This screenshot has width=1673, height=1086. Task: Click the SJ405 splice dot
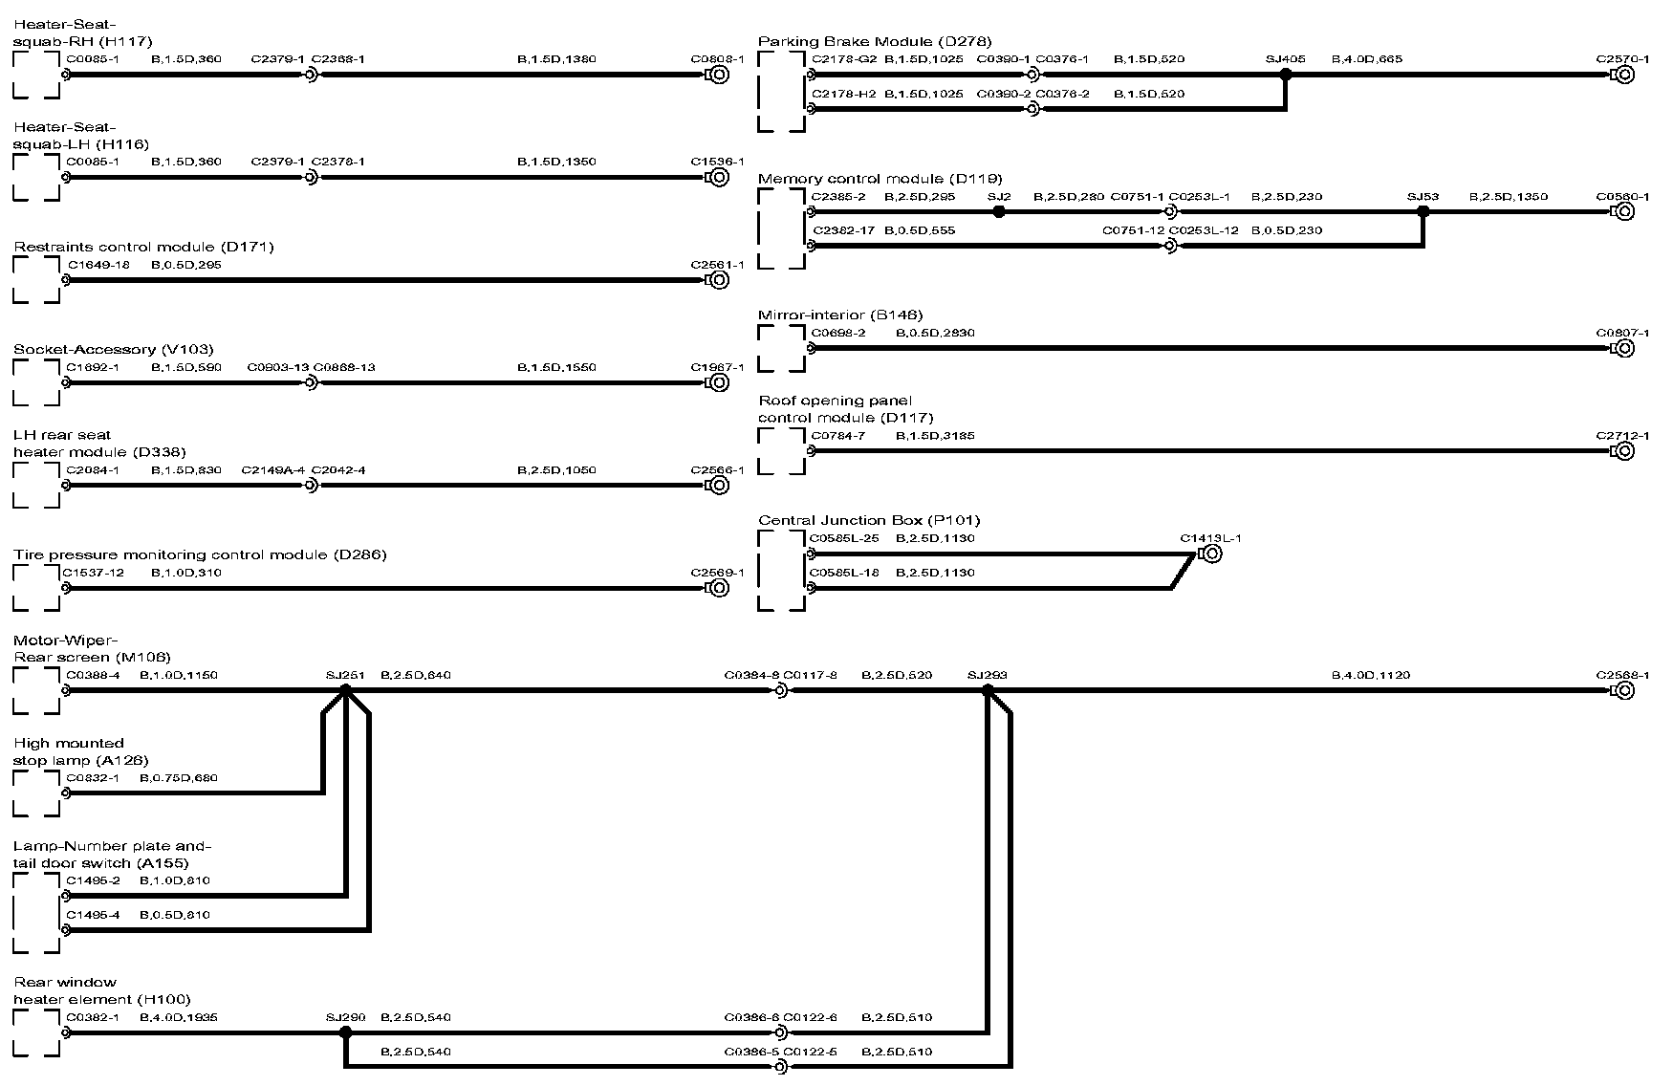tap(1286, 75)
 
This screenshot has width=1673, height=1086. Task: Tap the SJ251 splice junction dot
tap(346, 690)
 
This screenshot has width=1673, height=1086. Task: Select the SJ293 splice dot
tap(988, 690)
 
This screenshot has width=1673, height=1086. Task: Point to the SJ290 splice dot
tap(346, 1032)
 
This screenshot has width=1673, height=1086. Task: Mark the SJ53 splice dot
tap(1423, 212)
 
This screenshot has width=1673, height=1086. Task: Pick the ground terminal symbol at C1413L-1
tap(1209, 554)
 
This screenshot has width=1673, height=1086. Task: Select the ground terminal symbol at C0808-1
tap(718, 75)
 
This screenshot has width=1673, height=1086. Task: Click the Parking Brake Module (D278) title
tap(874, 41)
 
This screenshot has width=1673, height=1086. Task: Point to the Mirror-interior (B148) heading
tap(840, 315)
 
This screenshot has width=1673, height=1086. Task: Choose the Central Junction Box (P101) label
tap(869, 520)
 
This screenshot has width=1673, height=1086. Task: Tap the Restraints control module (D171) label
tap(143, 247)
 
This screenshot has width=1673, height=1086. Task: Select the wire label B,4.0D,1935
tap(179, 1017)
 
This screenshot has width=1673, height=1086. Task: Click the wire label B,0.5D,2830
tap(935, 333)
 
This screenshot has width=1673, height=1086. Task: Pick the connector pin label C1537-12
tap(94, 573)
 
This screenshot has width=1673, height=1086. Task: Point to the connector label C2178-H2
tap(843, 94)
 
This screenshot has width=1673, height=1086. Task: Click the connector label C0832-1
tap(93, 777)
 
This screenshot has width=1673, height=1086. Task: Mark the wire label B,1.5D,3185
tap(935, 436)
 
